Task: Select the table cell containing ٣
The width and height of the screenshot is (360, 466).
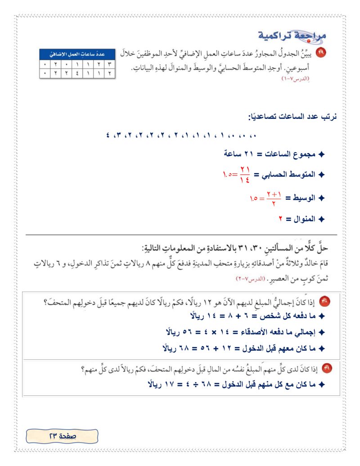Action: tap(109, 64)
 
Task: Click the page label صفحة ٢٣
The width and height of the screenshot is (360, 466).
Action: tap(62, 436)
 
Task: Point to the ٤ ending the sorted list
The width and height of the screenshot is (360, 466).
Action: tap(108, 135)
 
